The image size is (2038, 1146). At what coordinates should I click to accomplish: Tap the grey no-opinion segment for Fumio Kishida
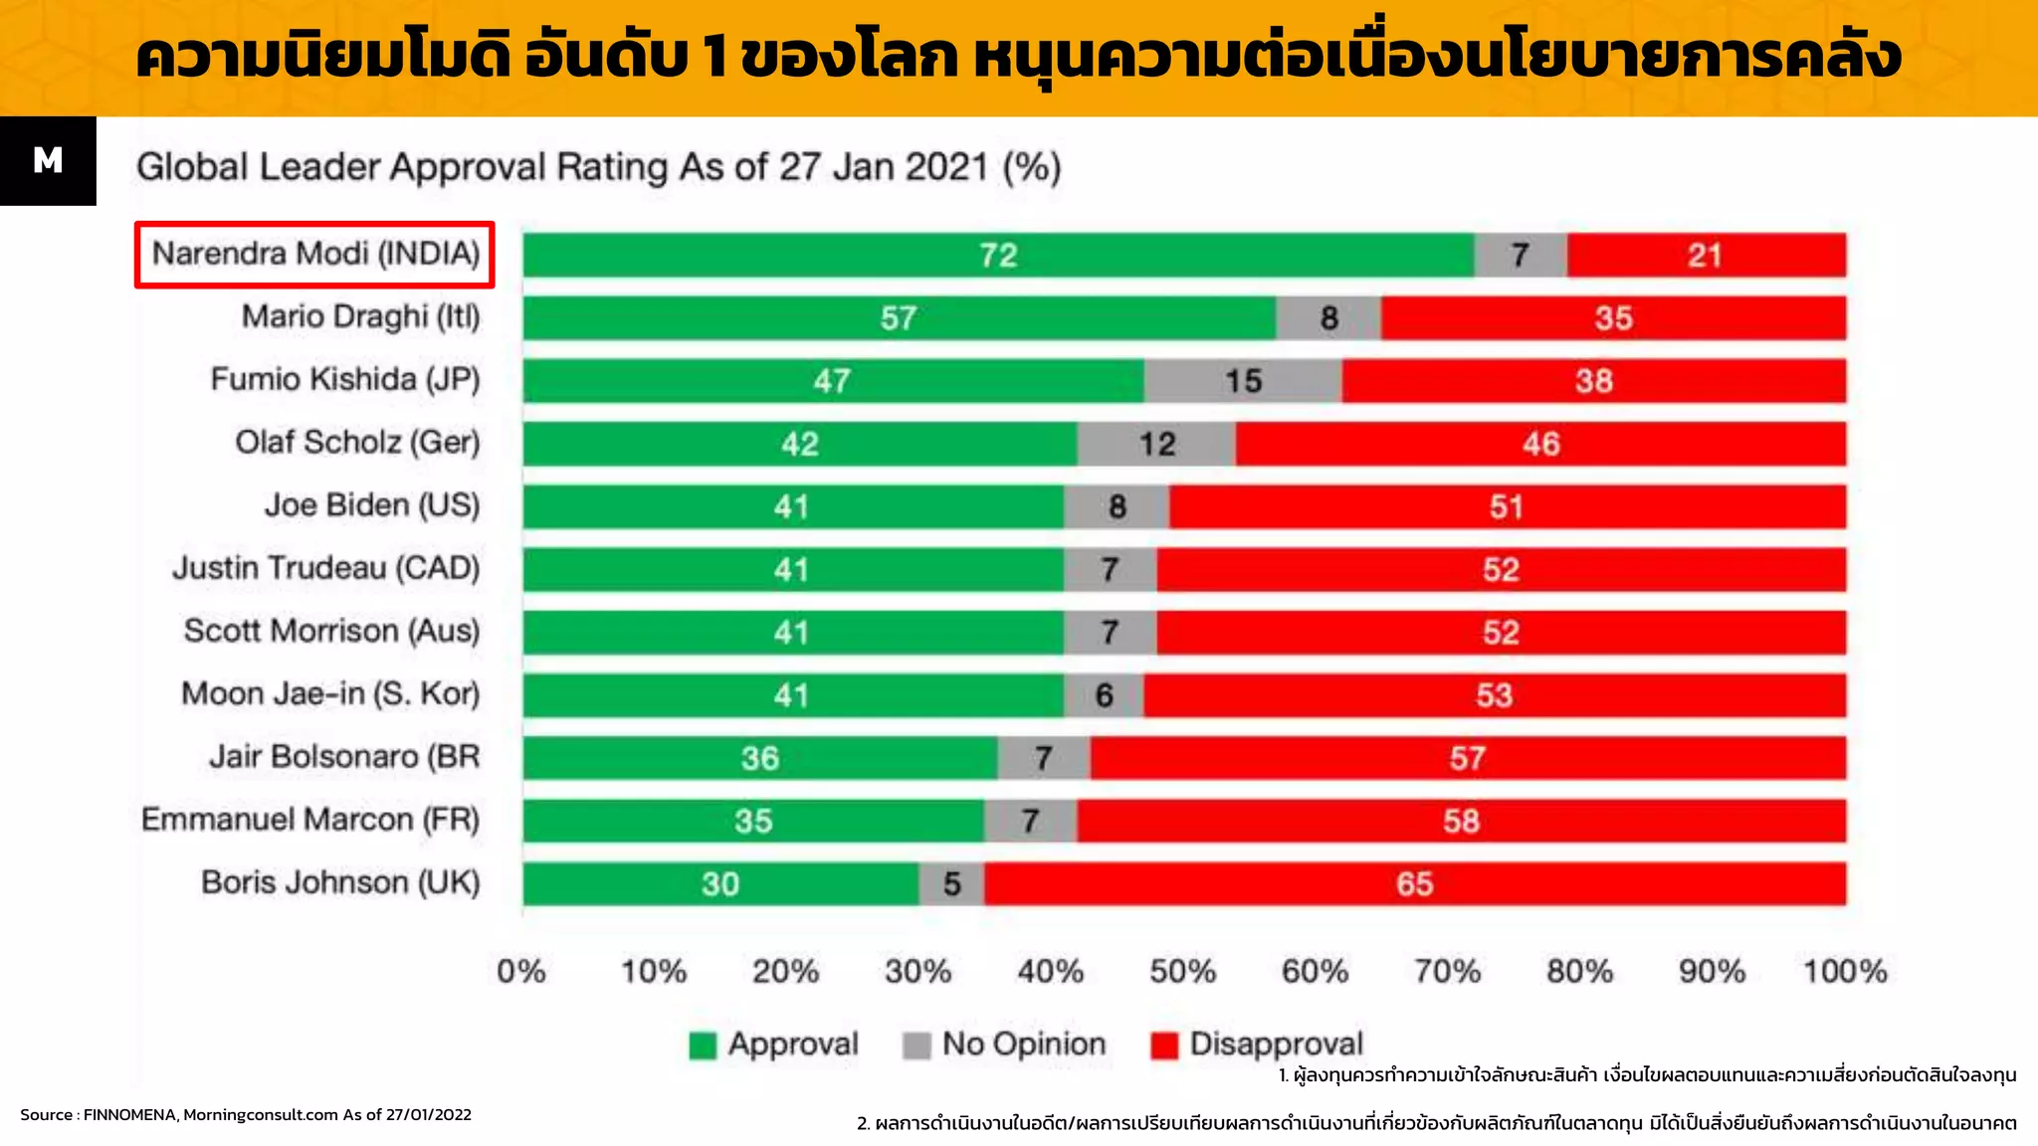[x=1242, y=381]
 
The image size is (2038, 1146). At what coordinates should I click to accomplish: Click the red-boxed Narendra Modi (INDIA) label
[x=314, y=255]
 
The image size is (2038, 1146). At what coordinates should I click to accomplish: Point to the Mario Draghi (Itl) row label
[x=360, y=317]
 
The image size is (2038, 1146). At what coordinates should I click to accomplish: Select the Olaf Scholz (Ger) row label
[x=357, y=443]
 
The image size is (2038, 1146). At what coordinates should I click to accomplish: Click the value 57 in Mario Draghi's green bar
[x=898, y=318]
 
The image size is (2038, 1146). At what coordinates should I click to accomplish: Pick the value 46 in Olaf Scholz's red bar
[x=1540, y=444]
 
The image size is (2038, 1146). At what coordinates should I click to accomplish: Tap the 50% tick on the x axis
[x=1182, y=971]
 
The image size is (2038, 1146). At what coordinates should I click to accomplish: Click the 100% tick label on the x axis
[x=1844, y=971]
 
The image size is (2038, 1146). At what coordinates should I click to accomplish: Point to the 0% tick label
[x=521, y=971]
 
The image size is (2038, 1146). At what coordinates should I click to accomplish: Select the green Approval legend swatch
[x=703, y=1046]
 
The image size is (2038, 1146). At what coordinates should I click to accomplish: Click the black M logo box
[x=48, y=161]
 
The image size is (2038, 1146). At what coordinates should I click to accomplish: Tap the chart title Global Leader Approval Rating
[x=598, y=167]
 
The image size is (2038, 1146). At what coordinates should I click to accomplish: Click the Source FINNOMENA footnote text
[x=246, y=1115]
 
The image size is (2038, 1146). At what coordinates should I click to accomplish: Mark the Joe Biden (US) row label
[x=372, y=505]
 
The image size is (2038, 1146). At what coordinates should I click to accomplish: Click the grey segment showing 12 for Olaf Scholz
[x=1156, y=444]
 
